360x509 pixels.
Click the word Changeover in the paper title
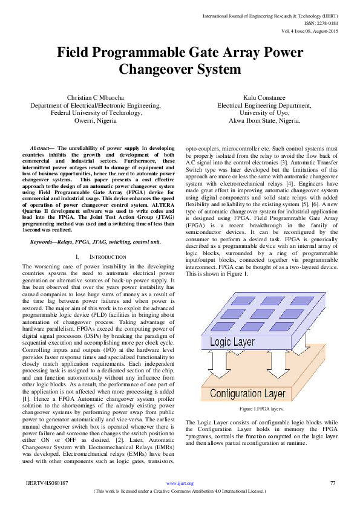(x=155, y=70)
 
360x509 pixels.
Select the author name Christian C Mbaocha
(x=96, y=97)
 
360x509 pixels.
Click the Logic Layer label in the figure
(x=233, y=342)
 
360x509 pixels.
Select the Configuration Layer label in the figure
(x=248, y=377)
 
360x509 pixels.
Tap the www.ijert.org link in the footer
(x=180, y=483)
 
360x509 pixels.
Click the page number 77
(x=332, y=483)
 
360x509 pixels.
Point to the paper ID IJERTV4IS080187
(x=47, y=483)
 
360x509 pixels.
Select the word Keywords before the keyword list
(x=44, y=242)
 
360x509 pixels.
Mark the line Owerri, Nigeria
(x=96, y=120)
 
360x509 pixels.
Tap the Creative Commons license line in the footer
(x=180, y=490)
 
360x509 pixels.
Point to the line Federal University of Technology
(x=96, y=112)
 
